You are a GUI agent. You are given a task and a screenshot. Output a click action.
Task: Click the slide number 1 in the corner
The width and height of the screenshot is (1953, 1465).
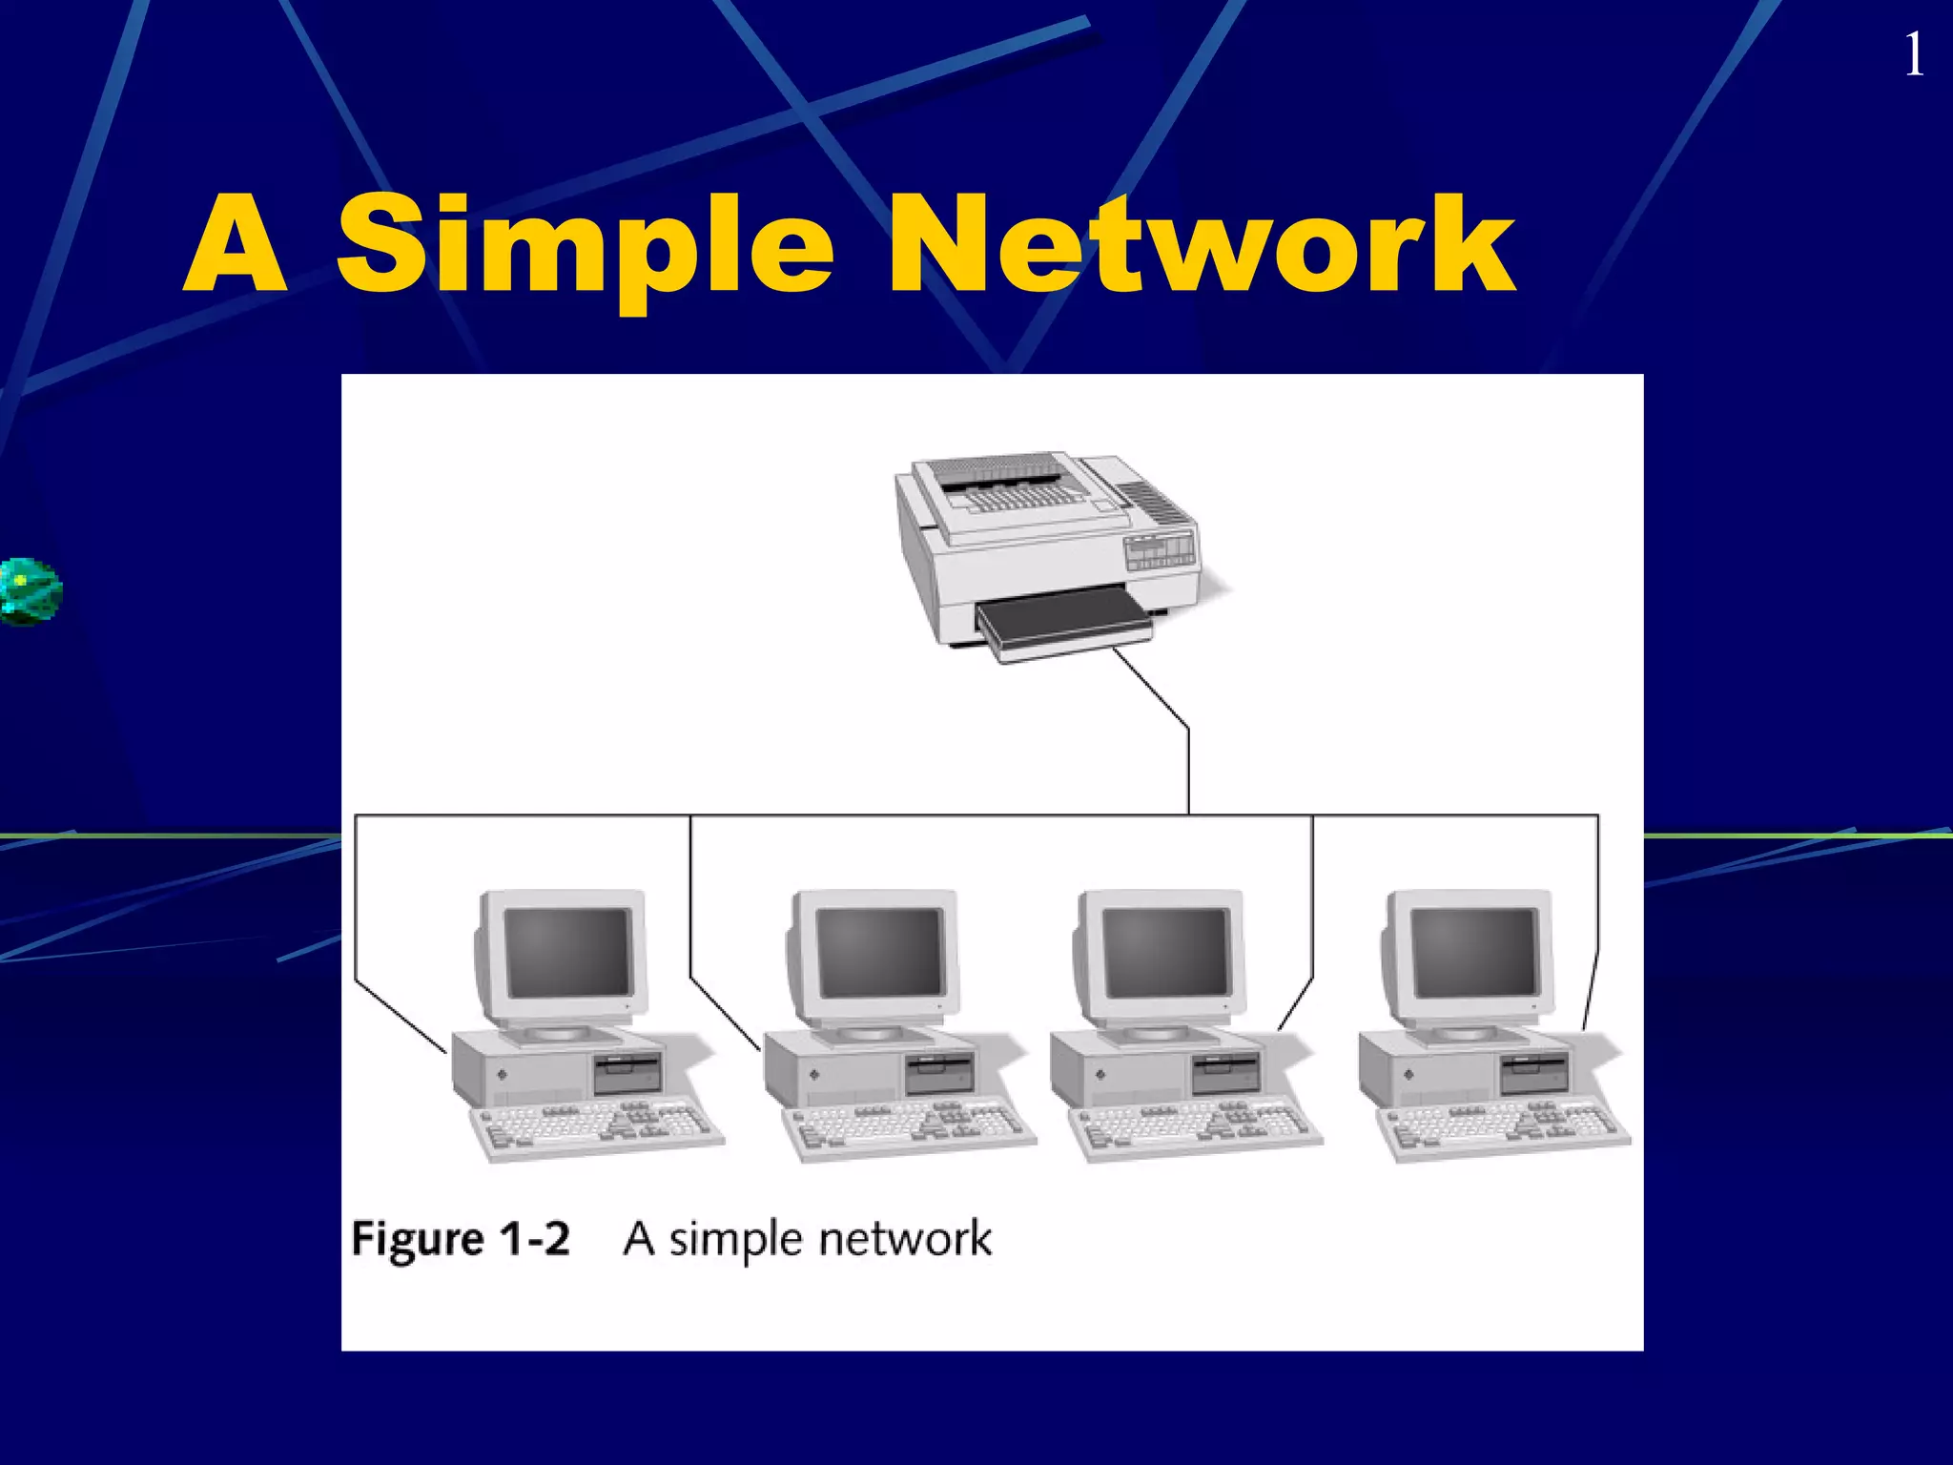tap(1913, 55)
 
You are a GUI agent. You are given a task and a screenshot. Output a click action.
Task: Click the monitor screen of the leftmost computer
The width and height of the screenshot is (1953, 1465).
tap(568, 952)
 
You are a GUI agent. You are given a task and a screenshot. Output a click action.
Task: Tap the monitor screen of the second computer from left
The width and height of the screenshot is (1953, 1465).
tap(879, 952)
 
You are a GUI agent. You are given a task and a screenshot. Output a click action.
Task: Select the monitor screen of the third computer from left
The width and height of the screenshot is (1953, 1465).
tap(1165, 952)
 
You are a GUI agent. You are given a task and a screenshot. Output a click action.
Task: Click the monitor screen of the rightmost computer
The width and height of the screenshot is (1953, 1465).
tap(1474, 952)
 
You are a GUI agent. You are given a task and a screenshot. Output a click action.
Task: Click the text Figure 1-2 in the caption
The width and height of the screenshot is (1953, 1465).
tap(461, 1239)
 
